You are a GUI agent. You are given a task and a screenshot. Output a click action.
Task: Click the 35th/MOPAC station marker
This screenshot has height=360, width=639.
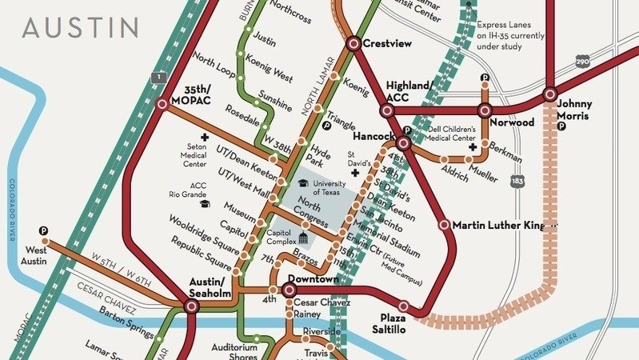(163, 104)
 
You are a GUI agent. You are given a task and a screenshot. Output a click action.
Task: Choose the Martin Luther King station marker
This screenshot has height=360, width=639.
(445, 225)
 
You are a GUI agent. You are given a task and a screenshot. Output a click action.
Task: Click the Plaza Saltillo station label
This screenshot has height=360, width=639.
(395, 322)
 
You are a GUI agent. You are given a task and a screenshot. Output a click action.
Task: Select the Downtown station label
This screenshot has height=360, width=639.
(313, 279)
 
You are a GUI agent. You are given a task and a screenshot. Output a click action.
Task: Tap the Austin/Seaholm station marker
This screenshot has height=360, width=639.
(192, 306)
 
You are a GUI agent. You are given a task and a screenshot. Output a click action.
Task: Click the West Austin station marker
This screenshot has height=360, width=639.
(45, 240)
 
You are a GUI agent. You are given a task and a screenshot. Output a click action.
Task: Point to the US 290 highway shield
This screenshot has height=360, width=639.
(583, 61)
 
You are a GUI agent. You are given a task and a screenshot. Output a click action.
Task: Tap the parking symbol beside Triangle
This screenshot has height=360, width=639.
(326, 126)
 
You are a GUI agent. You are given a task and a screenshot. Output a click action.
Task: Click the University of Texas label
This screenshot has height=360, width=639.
(329, 188)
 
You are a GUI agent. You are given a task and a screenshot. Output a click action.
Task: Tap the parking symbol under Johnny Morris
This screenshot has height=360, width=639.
(562, 126)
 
